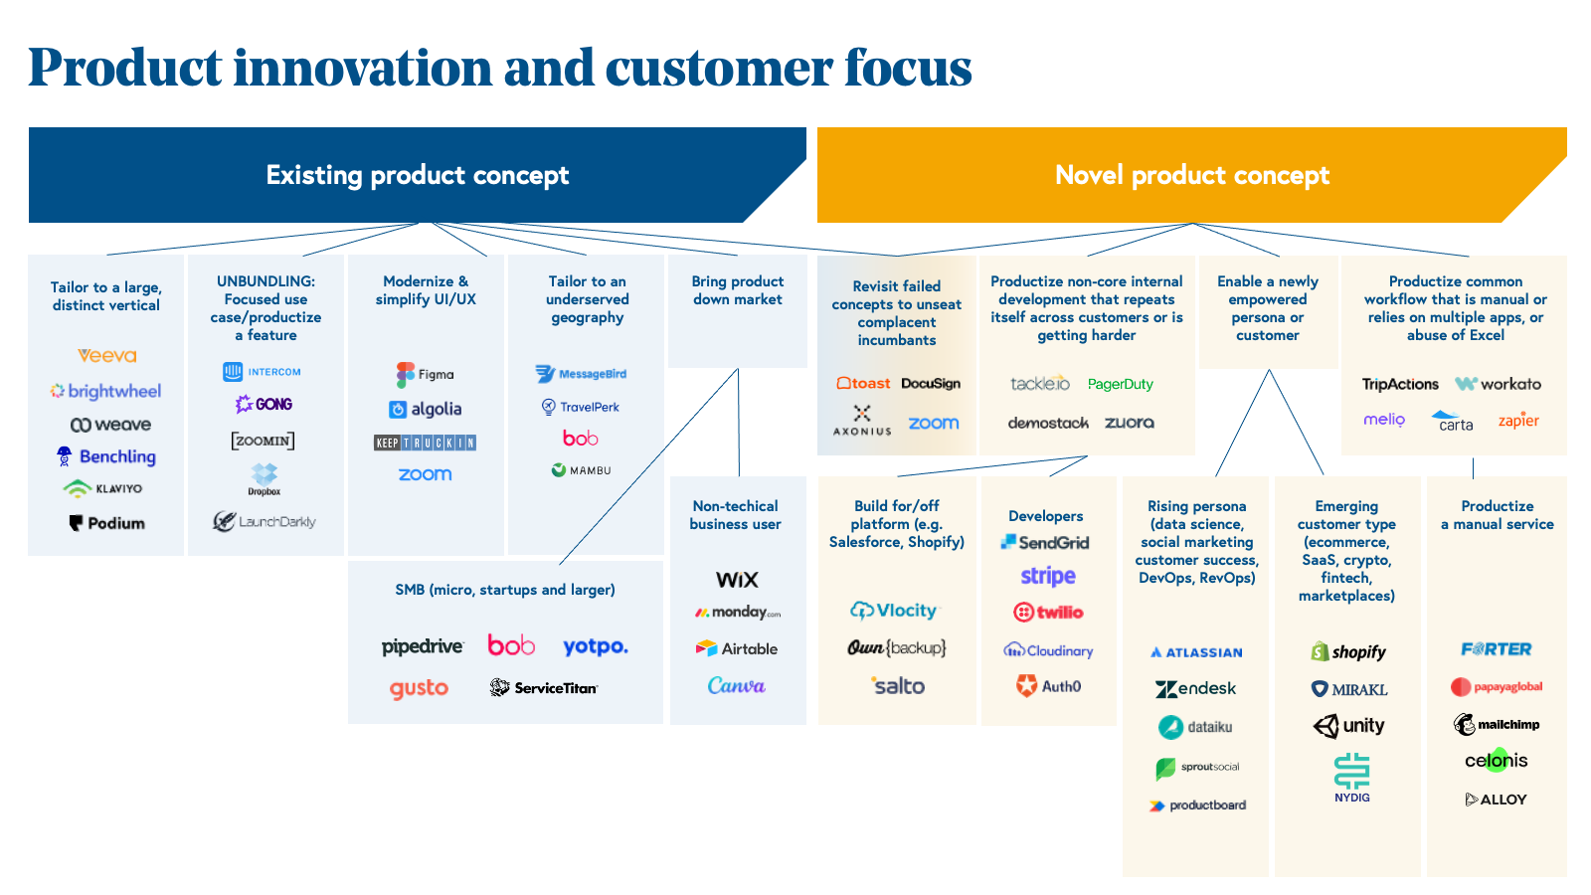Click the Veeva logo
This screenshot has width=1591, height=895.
coord(107,355)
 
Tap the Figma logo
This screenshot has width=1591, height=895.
coord(425,374)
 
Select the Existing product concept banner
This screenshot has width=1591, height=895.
coord(417,175)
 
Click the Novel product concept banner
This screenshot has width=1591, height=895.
coord(1191,175)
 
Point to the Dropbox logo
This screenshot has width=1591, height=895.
coord(265,478)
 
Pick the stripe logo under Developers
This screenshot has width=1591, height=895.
coord(1048,576)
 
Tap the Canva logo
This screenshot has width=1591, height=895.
coord(736,685)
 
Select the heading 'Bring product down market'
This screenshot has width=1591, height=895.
coord(738,290)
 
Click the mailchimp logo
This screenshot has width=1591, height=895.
coord(1497,724)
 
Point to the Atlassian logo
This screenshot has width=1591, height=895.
coord(1196,652)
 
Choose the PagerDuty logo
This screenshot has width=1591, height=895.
coord(1121,384)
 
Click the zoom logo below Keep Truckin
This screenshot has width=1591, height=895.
coord(425,474)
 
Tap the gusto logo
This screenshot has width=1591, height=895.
coord(419,688)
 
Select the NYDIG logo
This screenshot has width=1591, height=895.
coord(1351,777)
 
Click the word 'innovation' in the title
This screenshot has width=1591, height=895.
coord(362,68)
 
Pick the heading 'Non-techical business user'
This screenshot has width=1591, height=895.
coord(736,515)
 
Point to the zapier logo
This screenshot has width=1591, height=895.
coord(1518,421)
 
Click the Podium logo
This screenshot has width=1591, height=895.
coord(107,523)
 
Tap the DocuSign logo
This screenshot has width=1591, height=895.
coord(931,384)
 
